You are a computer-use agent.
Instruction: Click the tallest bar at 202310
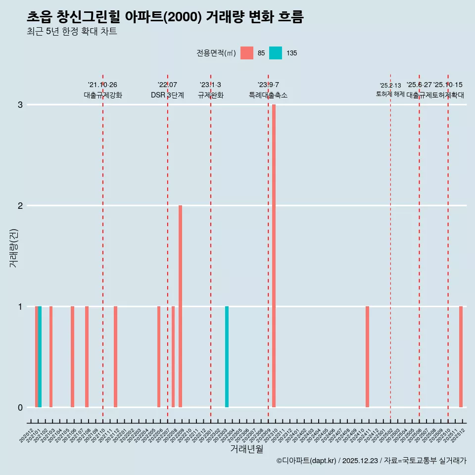pos(274,256)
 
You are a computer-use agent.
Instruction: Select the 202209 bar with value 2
pos(180,306)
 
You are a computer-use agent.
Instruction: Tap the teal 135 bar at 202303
pos(227,357)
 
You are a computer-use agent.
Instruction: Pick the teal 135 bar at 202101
pos(40,357)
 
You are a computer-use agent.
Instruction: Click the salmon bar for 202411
pos(367,357)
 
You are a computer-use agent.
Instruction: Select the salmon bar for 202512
pos(461,357)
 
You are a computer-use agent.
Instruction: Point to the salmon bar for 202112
pos(115,357)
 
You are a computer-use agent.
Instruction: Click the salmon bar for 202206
pos(159,357)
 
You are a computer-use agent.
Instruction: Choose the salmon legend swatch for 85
pos(246,53)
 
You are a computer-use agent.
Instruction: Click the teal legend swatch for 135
pos(276,53)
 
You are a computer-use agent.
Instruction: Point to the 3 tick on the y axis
pos(20,105)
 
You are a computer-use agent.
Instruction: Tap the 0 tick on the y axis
pos(20,408)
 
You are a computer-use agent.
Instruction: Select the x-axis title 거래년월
pos(246,449)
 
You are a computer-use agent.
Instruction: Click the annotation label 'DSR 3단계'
pos(167,95)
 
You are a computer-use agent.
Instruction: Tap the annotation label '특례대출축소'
pos(268,95)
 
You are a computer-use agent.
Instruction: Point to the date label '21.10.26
pos(102,85)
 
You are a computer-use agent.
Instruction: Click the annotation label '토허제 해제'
pos(390,94)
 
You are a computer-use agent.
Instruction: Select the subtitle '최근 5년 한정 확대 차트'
pos(72,32)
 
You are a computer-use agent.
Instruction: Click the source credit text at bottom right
pos(371,461)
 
